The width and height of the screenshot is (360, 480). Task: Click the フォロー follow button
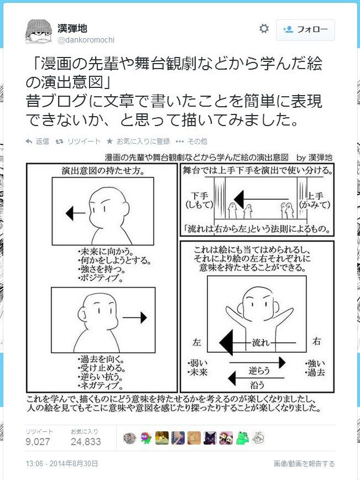pos(305,30)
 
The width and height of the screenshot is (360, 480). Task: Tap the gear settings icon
pos(264,29)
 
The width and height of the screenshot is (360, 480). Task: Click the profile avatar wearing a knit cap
pos(38,32)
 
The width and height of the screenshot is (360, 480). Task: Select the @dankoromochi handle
pos(86,40)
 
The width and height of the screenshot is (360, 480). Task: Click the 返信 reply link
pos(38,141)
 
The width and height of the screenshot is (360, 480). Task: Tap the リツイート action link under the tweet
pos(78,141)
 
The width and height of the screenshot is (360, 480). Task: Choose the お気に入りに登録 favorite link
pos(138,141)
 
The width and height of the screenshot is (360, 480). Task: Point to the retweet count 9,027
pos(38,441)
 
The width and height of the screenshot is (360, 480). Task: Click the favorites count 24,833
pos(86,441)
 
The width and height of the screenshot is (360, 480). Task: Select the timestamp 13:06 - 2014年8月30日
pos(62,463)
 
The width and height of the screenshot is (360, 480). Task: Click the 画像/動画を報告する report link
pos(304,464)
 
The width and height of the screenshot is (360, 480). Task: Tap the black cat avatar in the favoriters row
pos(210,438)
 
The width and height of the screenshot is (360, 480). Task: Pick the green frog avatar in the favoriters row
pos(242,438)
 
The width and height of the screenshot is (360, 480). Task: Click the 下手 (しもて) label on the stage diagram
pos(199,200)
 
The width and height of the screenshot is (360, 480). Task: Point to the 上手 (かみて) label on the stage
pos(315,200)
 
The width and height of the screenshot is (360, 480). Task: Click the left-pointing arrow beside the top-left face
pos(75,213)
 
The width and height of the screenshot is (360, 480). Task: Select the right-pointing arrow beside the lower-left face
pos(135,317)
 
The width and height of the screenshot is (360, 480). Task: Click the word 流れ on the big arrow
pos(261,342)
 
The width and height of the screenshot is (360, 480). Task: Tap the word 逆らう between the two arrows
pos(259,371)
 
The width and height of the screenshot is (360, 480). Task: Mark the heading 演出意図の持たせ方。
pos(103,170)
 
